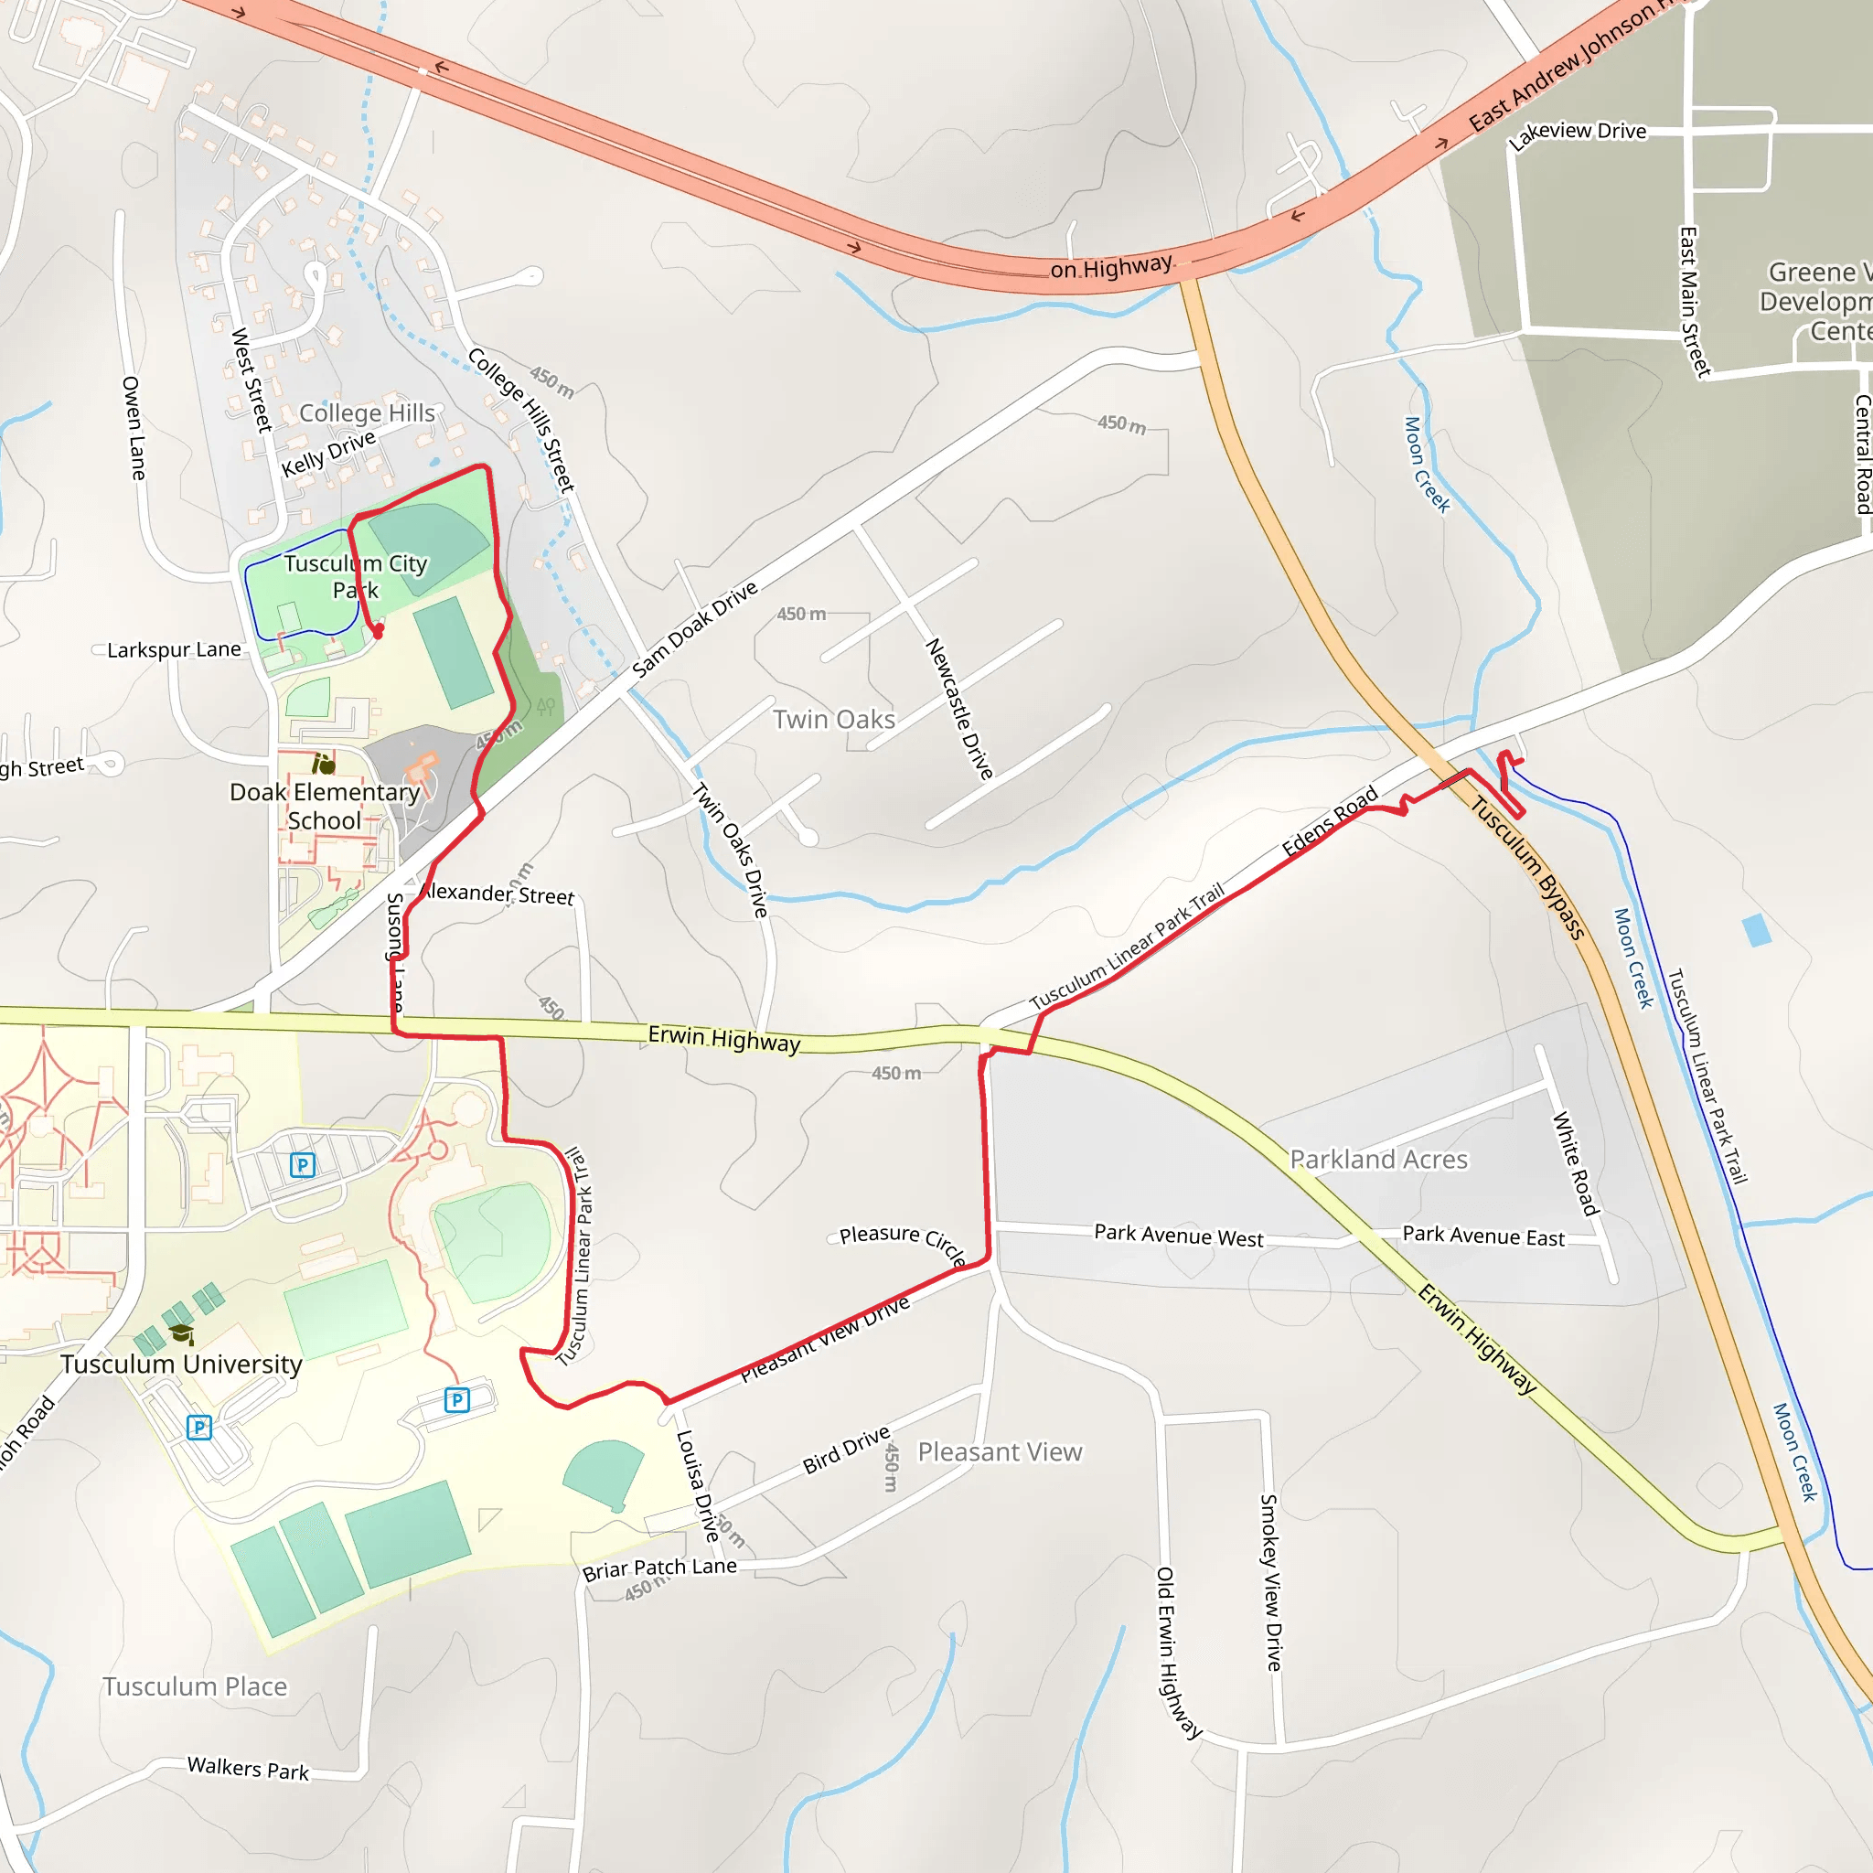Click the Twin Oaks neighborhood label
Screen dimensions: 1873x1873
[x=834, y=720]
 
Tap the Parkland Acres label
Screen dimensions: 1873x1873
[x=1378, y=1160]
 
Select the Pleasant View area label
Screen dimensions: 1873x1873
[x=1000, y=1451]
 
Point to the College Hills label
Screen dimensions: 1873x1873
[x=367, y=413]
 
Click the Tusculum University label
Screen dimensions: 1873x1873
[x=181, y=1364]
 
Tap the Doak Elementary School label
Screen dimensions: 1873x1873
[x=325, y=806]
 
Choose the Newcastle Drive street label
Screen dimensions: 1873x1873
[x=958, y=709]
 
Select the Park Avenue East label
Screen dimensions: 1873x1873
[x=1483, y=1236]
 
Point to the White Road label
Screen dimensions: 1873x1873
[x=1576, y=1163]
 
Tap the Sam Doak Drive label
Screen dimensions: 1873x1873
[x=694, y=630]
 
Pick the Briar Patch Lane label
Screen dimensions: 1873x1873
[x=659, y=1568]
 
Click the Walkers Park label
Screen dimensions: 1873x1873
[x=248, y=1769]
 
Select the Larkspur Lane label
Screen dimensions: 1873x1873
[x=174, y=649]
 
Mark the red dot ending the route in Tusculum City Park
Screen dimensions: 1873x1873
[x=378, y=630]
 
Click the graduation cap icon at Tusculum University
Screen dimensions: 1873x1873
[x=181, y=1334]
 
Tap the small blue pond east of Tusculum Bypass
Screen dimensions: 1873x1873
[x=1757, y=930]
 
